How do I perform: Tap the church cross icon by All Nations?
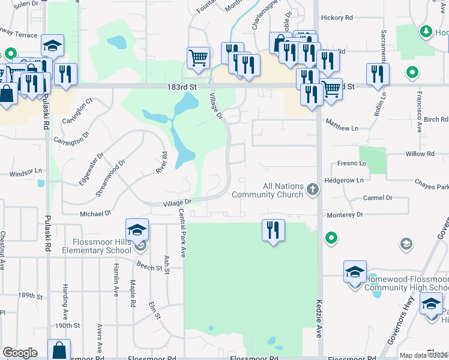tap(312, 190)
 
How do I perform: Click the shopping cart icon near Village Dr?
tap(198, 58)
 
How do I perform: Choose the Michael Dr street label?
tap(95, 213)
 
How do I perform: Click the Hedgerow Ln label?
tap(343, 180)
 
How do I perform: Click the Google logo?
tap(20, 353)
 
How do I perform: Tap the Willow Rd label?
tap(420, 154)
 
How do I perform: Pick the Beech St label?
tap(149, 266)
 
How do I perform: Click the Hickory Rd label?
tap(337, 18)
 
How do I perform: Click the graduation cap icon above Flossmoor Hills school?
tap(137, 229)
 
